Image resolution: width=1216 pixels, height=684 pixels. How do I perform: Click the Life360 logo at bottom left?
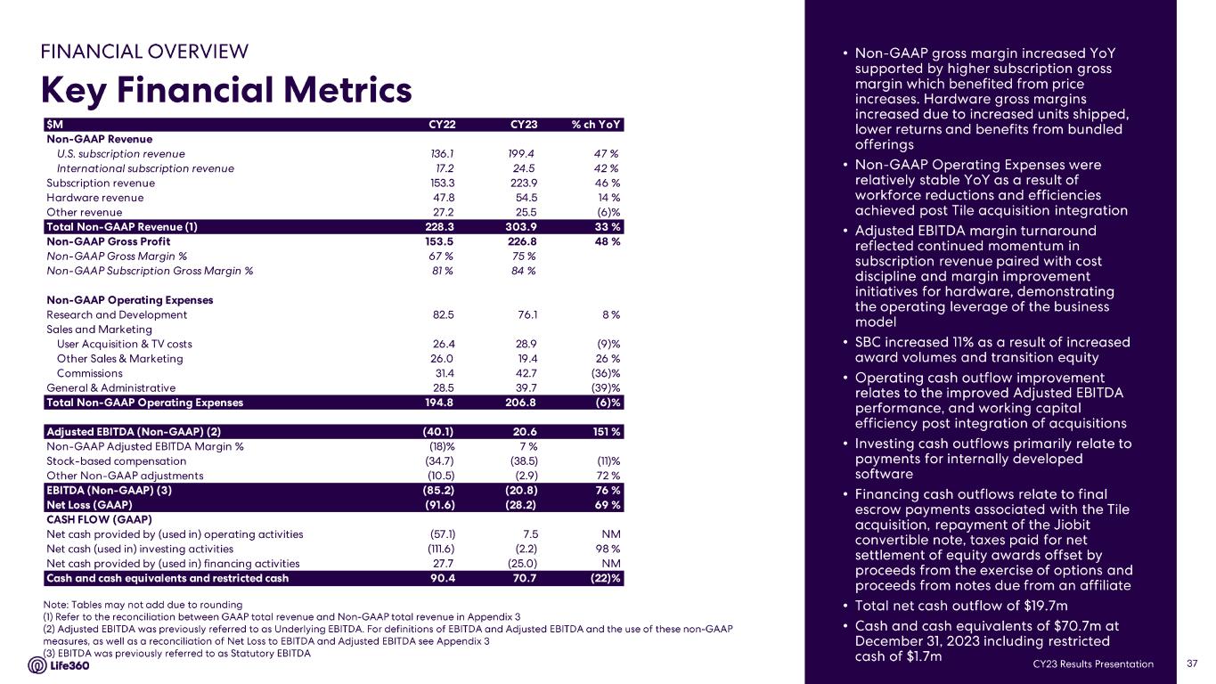pos(71,664)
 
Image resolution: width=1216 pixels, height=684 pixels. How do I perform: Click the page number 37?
pos(1192,664)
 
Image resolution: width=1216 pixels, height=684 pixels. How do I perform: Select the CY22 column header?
pos(443,125)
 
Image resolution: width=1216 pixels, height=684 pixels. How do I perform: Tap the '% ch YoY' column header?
pos(596,125)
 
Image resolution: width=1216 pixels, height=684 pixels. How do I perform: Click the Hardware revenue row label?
pos(94,198)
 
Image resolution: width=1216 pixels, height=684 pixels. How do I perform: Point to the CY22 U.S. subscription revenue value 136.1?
pos(443,154)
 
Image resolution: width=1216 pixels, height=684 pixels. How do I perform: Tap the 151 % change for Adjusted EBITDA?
pos(605,432)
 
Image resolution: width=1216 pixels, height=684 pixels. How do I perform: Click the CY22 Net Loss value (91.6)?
pos(439,505)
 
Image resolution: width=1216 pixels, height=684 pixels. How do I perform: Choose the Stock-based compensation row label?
pos(116,461)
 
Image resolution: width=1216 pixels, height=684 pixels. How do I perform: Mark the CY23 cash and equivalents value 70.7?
pos(522,578)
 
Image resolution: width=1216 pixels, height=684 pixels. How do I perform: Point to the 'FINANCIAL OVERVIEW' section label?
pos(144,52)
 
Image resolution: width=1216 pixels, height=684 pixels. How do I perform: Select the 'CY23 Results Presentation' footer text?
pos(1093,664)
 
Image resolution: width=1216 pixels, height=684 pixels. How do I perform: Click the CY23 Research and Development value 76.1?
pos(522,314)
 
